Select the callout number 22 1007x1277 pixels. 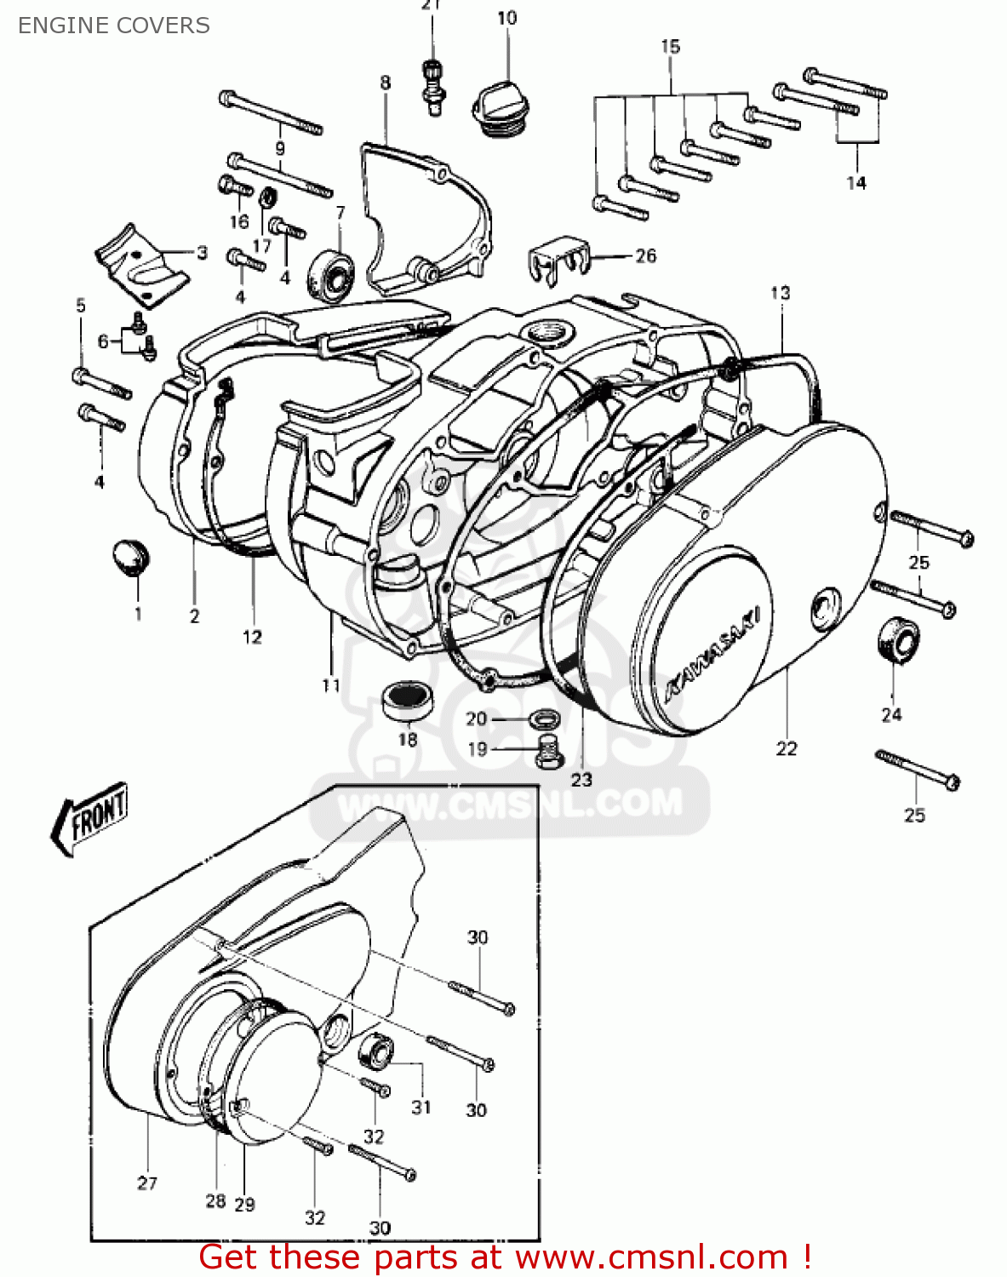[x=786, y=748]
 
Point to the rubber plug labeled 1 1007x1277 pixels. [x=130, y=556]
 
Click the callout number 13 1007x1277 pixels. [x=780, y=293]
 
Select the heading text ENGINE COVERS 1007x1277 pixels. [x=113, y=26]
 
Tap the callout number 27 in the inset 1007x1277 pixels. [x=147, y=1183]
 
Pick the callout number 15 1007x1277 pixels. [x=671, y=47]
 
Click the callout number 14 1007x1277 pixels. [x=855, y=182]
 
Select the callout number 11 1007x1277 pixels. [x=331, y=684]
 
